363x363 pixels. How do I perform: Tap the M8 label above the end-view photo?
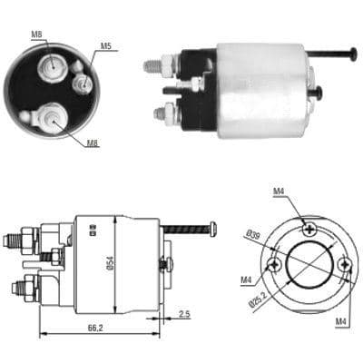click(x=36, y=34)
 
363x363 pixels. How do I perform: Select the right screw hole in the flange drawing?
click(x=346, y=265)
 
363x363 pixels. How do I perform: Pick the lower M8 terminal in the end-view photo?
click(x=49, y=117)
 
